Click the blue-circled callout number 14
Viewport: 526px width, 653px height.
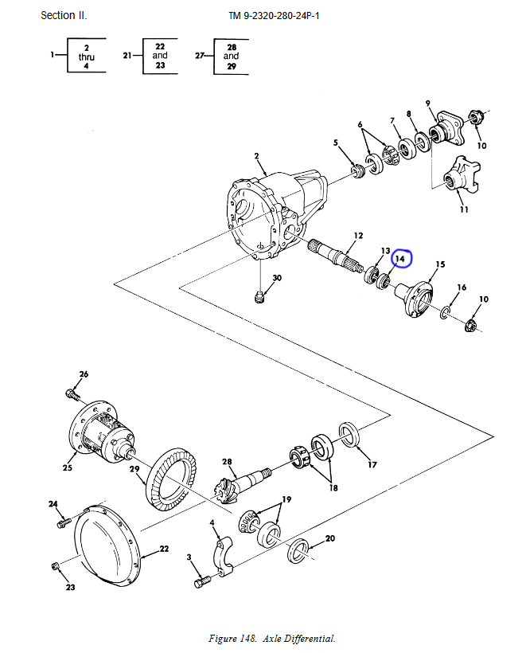pyautogui.click(x=400, y=259)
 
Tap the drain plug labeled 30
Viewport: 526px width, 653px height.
pyautogui.click(x=259, y=298)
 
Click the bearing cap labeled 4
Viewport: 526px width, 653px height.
pyautogui.click(x=223, y=557)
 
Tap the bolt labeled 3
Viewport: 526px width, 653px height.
pyautogui.click(x=202, y=581)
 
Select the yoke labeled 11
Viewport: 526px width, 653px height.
pyautogui.click(x=461, y=175)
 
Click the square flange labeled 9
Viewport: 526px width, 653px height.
pyautogui.click(x=446, y=128)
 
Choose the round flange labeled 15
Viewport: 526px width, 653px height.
pyautogui.click(x=414, y=299)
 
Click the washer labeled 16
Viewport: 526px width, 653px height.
pyautogui.click(x=445, y=313)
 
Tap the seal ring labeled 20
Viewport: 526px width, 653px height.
pyautogui.click(x=298, y=550)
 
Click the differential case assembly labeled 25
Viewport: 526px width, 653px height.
pyautogui.click(x=102, y=432)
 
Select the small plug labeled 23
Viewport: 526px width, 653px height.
pyautogui.click(x=55, y=566)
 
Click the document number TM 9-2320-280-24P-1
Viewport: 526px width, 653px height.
pyautogui.click(x=274, y=16)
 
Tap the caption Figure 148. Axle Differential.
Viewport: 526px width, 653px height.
pyautogui.click(x=272, y=639)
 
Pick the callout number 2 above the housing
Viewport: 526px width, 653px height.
pyautogui.click(x=257, y=156)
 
